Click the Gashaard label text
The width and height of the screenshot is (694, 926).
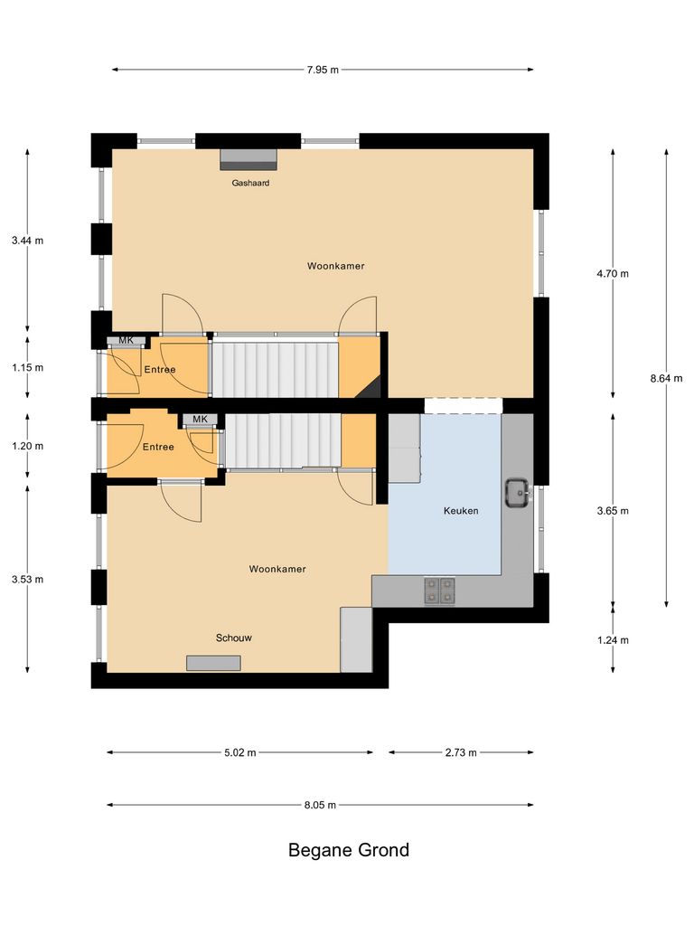249,183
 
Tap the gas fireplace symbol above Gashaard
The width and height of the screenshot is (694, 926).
249,159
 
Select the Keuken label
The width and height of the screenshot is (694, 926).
460,511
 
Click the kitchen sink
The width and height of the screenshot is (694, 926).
518,494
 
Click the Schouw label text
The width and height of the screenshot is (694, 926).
233,638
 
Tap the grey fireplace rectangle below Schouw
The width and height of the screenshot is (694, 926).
213,663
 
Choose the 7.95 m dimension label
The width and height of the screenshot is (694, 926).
322,70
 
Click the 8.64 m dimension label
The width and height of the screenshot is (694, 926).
667,378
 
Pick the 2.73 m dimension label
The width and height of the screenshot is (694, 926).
460,752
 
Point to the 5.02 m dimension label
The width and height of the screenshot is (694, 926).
239,752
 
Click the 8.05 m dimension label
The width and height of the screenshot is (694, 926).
320,805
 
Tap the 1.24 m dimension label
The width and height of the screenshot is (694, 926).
613,640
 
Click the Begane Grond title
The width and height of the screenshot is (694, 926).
348,850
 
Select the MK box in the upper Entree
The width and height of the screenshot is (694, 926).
126,341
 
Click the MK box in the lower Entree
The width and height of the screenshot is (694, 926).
200,420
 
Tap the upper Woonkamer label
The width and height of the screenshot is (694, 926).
335,266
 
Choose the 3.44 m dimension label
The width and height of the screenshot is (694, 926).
27,241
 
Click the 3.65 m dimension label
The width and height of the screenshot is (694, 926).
613,511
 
